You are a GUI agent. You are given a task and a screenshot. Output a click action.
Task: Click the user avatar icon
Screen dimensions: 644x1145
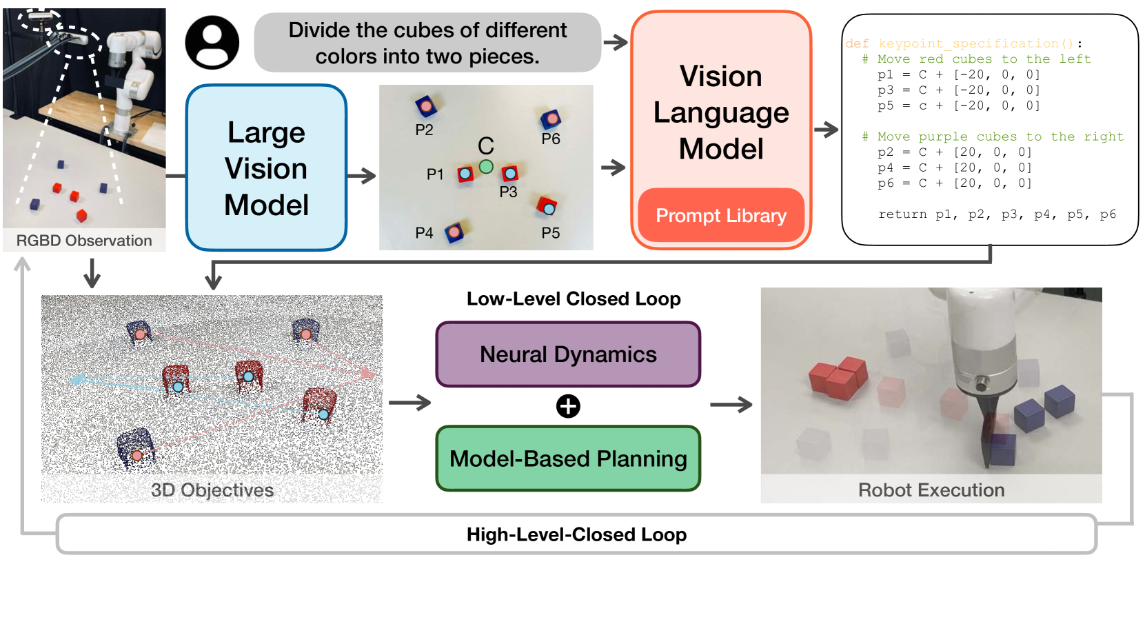click(212, 43)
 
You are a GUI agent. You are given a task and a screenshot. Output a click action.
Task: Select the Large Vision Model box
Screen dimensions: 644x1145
click(266, 168)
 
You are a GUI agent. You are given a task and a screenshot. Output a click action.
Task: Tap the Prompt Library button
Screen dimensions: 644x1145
click(720, 216)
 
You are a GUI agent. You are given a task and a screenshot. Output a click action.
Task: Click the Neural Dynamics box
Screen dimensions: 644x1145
click(568, 354)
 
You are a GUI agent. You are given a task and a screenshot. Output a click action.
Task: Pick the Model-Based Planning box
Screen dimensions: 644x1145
click(568, 459)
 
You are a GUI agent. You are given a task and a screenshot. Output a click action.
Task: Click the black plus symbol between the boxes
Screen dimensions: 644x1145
click(568, 406)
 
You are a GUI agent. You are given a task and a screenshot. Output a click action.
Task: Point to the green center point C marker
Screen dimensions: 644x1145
click(486, 166)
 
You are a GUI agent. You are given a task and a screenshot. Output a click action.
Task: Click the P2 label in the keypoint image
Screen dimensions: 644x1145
click(424, 130)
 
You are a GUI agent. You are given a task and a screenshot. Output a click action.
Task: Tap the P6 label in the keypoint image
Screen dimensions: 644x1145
click(551, 139)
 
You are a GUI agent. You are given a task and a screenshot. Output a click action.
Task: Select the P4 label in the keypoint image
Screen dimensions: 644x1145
click(424, 233)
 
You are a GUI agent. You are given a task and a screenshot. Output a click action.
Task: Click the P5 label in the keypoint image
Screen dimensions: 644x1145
click(551, 233)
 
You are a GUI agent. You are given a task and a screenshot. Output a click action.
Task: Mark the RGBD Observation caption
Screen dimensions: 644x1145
click(84, 241)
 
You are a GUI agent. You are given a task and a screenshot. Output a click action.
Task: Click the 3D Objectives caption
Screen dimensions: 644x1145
click(212, 490)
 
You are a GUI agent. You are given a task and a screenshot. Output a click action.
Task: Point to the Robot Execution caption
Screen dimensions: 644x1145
click(931, 490)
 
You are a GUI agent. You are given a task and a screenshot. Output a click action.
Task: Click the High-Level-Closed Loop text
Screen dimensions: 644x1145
click(576, 534)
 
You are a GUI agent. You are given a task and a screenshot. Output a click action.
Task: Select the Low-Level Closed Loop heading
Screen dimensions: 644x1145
click(574, 299)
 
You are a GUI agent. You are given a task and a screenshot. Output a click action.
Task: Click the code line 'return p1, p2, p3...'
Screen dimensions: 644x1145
click(997, 214)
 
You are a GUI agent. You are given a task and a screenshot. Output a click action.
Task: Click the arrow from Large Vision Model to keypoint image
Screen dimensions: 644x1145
click(362, 177)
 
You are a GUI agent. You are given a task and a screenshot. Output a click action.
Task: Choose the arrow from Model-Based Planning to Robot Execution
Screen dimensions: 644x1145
click(731, 405)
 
